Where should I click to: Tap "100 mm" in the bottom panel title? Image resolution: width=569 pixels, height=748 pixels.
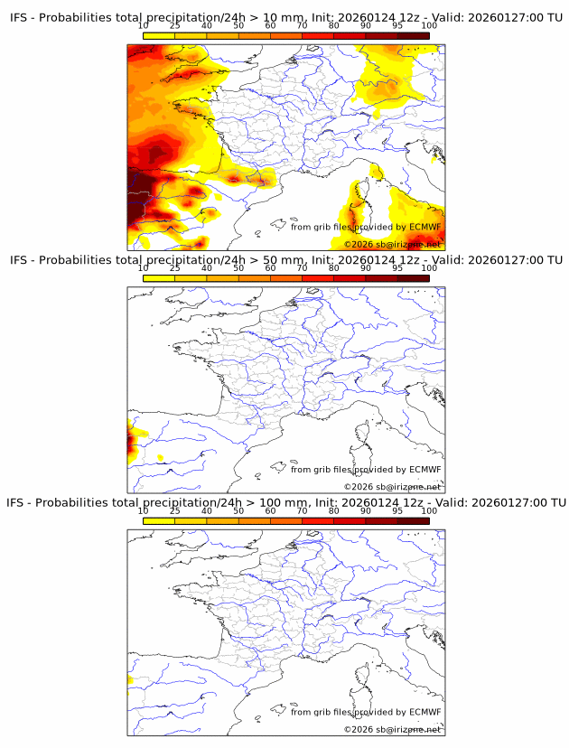tap(297, 502)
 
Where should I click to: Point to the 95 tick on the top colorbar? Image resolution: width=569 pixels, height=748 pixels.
tap(397, 26)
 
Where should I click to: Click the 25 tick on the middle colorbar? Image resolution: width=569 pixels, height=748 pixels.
tap(174, 268)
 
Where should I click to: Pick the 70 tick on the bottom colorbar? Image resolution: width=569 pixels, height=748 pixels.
tap(302, 510)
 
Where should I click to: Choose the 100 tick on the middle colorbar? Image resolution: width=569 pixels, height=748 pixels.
tap(429, 268)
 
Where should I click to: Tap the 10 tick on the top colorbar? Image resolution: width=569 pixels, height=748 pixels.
tap(143, 26)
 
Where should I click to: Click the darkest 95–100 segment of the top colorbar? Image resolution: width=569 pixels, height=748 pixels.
tap(413, 35)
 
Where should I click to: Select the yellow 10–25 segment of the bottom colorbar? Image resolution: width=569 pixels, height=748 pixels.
tap(158, 520)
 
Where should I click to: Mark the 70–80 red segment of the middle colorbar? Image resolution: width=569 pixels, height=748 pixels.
tap(317, 278)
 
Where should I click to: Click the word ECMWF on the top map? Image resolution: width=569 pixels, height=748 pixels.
tap(424, 227)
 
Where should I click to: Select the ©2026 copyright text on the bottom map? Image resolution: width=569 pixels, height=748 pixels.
tap(358, 729)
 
